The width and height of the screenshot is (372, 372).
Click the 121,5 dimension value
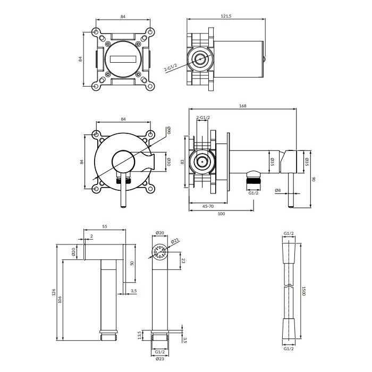226,16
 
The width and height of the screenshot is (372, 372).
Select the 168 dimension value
243,106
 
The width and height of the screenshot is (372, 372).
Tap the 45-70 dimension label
208,206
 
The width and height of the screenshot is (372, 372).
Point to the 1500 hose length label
303,291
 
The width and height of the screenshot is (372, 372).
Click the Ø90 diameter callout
168,130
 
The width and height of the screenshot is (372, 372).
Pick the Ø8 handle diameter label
278,190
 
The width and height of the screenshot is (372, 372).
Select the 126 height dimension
54,292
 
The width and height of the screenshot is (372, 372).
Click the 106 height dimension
60,299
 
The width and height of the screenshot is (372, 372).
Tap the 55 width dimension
105,226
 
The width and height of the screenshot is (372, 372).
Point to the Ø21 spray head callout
175,241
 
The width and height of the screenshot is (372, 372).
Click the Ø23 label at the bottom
159,359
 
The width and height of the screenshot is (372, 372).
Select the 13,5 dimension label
139,335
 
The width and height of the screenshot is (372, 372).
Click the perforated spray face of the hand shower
159,252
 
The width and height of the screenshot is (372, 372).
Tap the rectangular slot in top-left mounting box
123,60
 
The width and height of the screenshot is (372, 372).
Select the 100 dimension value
221,214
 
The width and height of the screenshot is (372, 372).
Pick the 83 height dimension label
182,162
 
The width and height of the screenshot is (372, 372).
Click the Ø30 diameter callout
168,162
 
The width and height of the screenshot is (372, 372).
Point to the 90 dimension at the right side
314,179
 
